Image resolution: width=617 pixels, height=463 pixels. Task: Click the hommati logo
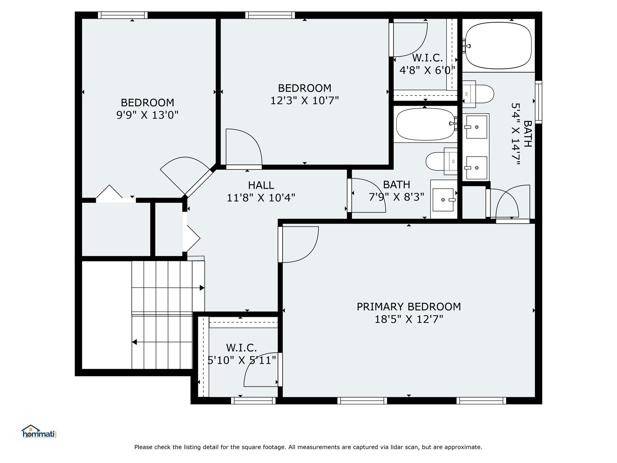pos(39,431)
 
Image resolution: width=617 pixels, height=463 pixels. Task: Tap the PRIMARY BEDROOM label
pos(409,307)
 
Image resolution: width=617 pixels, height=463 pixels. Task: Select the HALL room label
pos(261,185)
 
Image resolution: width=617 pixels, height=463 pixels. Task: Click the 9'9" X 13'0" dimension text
pos(147,115)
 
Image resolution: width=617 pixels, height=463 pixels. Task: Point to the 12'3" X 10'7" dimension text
pos(304,100)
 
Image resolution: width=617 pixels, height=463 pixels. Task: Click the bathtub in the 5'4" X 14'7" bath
pos(498,45)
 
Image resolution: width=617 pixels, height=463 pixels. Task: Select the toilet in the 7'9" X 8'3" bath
pos(441,161)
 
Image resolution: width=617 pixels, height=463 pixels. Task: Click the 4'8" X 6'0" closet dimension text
pos(427,70)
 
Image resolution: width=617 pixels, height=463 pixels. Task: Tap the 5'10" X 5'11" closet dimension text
pos(242,360)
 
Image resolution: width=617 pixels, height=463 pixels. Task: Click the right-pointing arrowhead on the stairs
pos(202,288)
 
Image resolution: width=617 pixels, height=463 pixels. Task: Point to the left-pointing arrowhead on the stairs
pos(134,342)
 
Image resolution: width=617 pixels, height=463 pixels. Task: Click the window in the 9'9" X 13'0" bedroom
pos(123,15)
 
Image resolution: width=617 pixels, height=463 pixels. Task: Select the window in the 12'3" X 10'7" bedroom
pos(270,15)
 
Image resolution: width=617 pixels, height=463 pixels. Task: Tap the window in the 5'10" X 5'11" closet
pos(253,401)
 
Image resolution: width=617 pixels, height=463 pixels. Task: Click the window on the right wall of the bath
pos(538,102)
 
